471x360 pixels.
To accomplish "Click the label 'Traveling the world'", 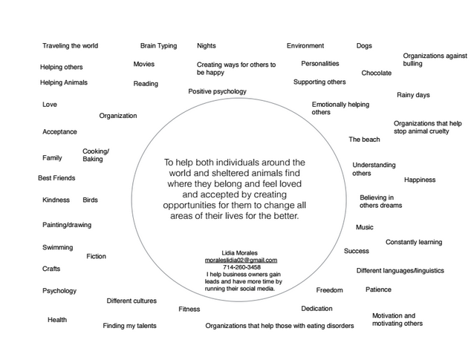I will pyautogui.click(x=70, y=46).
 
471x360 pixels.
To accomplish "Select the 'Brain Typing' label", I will pyautogui.click(x=158, y=46).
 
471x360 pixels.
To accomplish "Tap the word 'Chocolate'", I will pyautogui.click(x=376, y=73).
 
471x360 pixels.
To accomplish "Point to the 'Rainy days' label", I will pyautogui.click(x=413, y=95).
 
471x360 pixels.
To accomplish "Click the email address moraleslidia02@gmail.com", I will pyautogui.click(x=241, y=261).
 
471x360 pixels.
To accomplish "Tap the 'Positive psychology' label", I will pyautogui.click(x=217, y=91).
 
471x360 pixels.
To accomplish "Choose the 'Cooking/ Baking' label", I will pyautogui.click(x=95, y=155).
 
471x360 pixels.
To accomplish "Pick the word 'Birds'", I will pyautogui.click(x=90, y=200).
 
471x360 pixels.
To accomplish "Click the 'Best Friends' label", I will pyautogui.click(x=56, y=178).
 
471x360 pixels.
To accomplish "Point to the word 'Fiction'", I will pyautogui.click(x=96, y=257).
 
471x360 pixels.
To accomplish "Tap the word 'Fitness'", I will pyautogui.click(x=189, y=309).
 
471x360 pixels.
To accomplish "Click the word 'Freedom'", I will pyautogui.click(x=329, y=290).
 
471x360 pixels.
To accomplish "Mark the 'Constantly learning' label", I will pyautogui.click(x=413, y=242).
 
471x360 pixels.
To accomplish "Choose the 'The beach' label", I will pyautogui.click(x=364, y=140).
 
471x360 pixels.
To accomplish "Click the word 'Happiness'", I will pyautogui.click(x=420, y=180).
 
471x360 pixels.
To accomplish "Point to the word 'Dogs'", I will pyautogui.click(x=364, y=46).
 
